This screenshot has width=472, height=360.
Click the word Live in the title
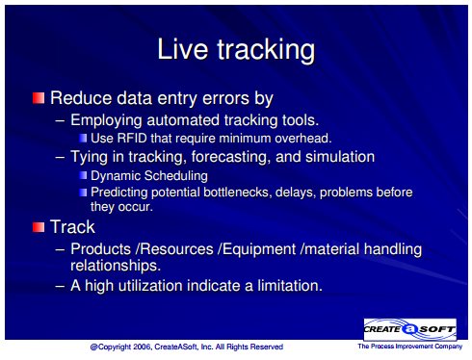[x=182, y=49]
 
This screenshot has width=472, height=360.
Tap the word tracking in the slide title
[x=266, y=51]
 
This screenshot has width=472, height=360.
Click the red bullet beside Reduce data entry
[x=39, y=98]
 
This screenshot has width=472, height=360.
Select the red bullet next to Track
[x=39, y=227]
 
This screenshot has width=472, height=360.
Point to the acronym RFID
[x=132, y=139]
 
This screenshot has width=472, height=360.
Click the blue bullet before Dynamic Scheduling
[x=83, y=175]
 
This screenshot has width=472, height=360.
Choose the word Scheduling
[x=176, y=176]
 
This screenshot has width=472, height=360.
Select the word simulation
[x=340, y=157]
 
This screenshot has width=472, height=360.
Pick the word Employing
[x=106, y=120]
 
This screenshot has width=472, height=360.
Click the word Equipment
[x=259, y=249]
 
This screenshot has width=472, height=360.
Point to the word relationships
[x=116, y=266]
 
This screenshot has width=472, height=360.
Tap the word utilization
[x=150, y=285]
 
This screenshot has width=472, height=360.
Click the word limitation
[x=290, y=285]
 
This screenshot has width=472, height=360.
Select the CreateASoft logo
[x=410, y=329]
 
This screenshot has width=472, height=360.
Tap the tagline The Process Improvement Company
[x=410, y=347]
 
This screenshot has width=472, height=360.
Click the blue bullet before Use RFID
[x=83, y=138]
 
